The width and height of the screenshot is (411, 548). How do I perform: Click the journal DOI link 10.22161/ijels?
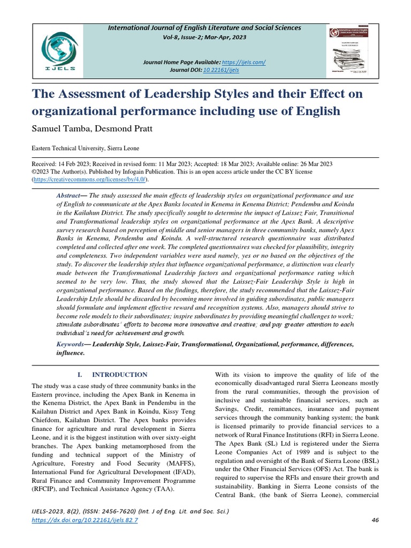[x=225, y=70]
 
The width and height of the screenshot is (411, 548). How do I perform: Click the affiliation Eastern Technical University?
[x=66, y=148]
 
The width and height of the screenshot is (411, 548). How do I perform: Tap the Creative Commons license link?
[x=89, y=179]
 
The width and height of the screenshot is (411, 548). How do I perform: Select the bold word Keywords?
[x=70, y=344]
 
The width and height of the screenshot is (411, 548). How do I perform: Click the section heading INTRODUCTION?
[x=120, y=375]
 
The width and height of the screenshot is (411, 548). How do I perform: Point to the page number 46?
[x=374, y=520]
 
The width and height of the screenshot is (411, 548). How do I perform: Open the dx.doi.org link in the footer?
[x=85, y=520]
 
